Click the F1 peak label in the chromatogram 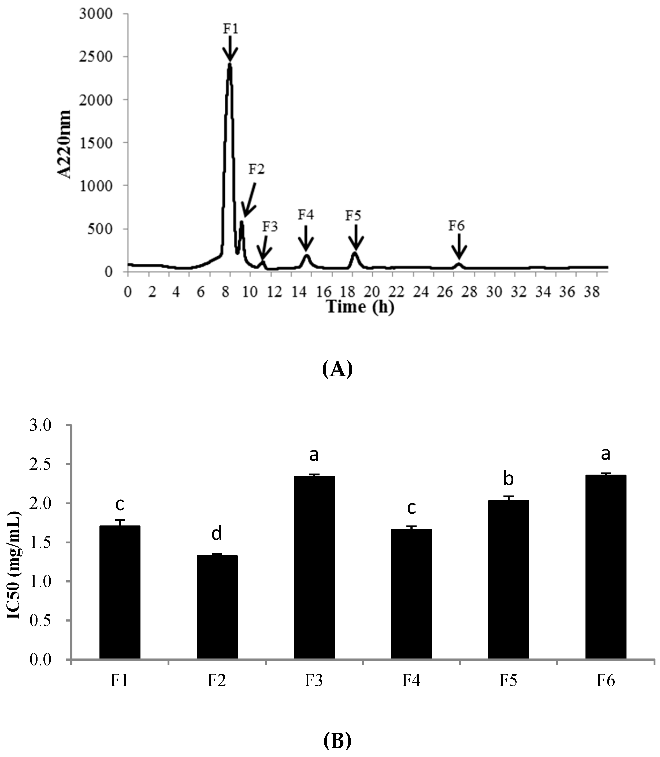[231, 29]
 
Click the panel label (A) [337, 369]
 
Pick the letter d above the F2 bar [217, 533]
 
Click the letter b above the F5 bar [509, 479]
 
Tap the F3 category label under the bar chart [314, 681]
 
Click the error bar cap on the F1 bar [120, 520]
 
